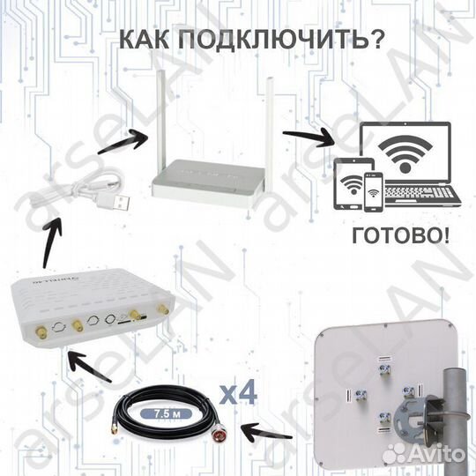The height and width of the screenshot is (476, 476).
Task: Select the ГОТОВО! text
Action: (398, 235)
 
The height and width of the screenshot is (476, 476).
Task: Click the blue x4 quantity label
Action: (237, 393)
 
